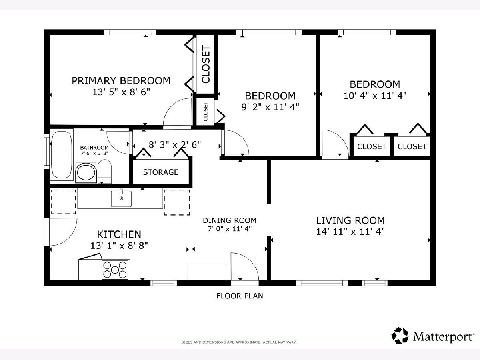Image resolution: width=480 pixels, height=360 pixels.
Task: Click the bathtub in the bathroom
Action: pyautogui.click(x=62, y=154)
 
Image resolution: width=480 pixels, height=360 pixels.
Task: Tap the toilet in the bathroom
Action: pyautogui.click(x=104, y=171)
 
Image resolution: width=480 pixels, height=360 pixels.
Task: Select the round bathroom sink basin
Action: pyautogui.click(x=86, y=173)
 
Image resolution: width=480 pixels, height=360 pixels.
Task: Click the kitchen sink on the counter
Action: pyautogui.click(x=121, y=198)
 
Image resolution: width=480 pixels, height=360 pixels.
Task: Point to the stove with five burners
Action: pyautogui.click(x=115, y=270)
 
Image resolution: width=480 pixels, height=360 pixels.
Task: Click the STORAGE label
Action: pyautogui.click(x=161, y=172)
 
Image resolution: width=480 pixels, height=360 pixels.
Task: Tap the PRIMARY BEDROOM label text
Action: pyautogui.click(x=121, y=81)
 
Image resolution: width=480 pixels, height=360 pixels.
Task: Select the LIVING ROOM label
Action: pyautogui.click(x=350, y=220)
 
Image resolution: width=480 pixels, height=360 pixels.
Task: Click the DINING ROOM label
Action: pyautogui.click(x=230, y=220)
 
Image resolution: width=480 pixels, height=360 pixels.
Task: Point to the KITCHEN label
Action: pyautogui.click(x=119, y=234)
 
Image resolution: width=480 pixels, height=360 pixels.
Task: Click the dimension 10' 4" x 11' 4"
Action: pyautogui.click(x=375, y=96)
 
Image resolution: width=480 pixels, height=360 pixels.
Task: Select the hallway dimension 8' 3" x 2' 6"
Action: pyautogui.click(x=175, y=145)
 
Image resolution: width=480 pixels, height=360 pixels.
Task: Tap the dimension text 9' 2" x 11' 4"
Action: pyautogui.click(x=270, y=107)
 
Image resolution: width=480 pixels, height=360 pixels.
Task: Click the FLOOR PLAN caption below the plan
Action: pyautogui.click(x=240, y=296)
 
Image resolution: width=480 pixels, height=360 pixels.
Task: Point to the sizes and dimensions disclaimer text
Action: pyautogui.click(x=239, y=342)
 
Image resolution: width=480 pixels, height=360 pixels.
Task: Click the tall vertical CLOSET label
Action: pyautogui.click(x=206, y=64)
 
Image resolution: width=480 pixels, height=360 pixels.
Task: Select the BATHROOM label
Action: pyautogui.click(x=94, y=148)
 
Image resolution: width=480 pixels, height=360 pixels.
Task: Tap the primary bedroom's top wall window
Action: pyautogui.click(x=130, y=32)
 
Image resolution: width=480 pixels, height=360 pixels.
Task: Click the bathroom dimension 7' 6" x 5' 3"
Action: pyautogui.click(x=94, y=153)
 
